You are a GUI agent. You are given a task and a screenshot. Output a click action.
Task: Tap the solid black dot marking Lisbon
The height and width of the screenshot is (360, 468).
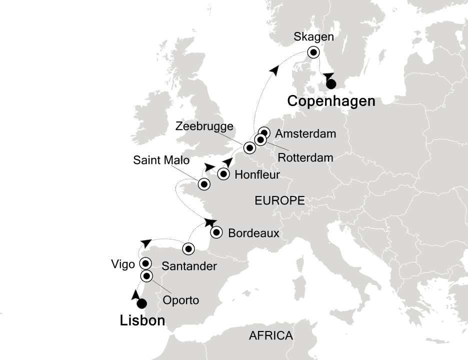click(x=142, y=303)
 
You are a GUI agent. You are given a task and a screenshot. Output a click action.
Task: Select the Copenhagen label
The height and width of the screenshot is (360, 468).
click(x=331, y=101)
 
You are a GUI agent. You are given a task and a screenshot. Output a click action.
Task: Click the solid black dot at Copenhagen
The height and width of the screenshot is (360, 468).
click(x=331, y=84)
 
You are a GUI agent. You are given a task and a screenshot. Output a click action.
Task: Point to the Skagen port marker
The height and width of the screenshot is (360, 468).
click(x=313, y=52)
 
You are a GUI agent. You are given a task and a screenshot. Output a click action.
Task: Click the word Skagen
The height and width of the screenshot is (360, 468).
click(x=313, y=36)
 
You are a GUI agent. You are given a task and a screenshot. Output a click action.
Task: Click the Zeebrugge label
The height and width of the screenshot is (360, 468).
click(x=204, y=127)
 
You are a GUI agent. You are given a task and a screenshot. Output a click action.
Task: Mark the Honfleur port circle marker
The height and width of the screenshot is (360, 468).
click(x=223, y=174)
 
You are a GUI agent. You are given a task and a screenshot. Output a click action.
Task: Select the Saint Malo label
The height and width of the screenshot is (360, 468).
click(x=161, y=160)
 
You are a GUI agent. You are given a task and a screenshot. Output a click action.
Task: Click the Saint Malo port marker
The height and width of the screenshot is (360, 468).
click(x=204, y=184)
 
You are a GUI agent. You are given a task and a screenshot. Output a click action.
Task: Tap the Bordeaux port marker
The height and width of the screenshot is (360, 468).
click(x=216, y=232)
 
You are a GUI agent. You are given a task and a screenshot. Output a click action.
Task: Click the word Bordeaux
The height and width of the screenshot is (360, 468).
click(x=253, y=233)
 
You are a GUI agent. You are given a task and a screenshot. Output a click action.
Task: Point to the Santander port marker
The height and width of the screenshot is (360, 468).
click(x=188, y=248)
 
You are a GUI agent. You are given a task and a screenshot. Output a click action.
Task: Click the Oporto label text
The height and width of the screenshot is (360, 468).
click(x=181, y=300)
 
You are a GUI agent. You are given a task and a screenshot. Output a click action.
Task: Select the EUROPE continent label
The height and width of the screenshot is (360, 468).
click(x=280, y=201)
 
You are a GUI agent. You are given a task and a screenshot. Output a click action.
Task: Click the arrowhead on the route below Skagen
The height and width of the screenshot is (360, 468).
click(x=327, y=76)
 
